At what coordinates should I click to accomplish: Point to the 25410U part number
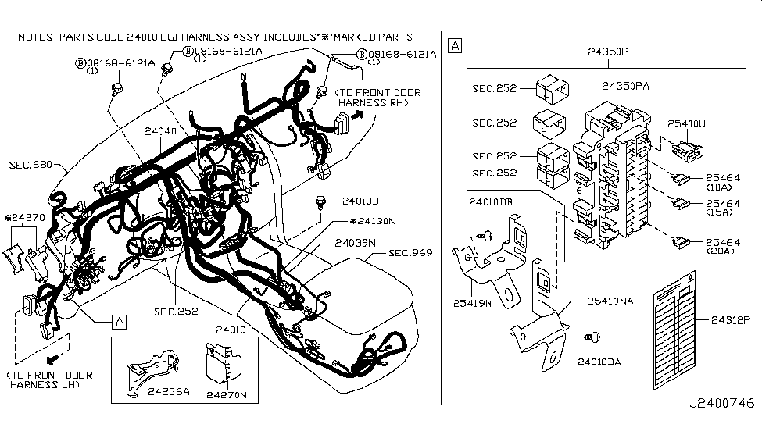click(687, 123)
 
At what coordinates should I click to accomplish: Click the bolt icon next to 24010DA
click(593, 337)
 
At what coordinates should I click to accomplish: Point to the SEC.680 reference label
click(31, 165)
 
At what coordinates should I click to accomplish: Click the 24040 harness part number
click(160, 132)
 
